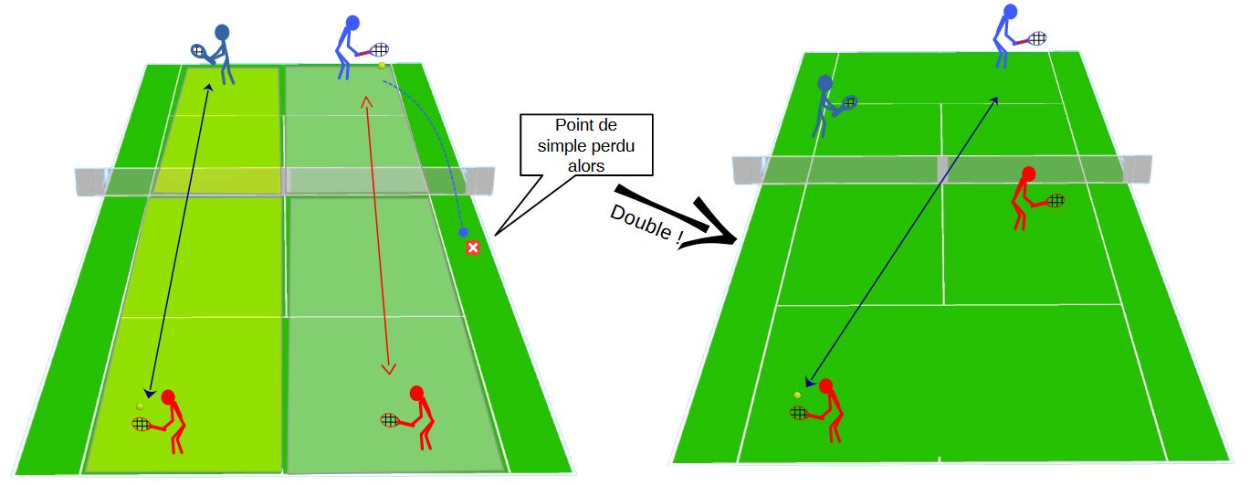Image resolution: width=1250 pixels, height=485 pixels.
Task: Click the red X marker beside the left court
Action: pos(473,248)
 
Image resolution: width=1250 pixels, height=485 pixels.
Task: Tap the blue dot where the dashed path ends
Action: pos(463,232)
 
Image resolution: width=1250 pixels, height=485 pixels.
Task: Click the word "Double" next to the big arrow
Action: pos(641,222)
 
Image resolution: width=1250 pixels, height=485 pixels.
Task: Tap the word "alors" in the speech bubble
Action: pos(586,165)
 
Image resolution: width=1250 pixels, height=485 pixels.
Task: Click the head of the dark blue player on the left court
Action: pos(222,32)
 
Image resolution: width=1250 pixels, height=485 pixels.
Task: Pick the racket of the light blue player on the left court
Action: pos(376,50)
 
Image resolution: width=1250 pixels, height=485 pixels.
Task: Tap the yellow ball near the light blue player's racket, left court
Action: pos(382,66)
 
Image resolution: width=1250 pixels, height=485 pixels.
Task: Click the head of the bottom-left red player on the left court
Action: pos(168,396)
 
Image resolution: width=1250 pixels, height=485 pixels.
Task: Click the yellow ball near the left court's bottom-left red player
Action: pos(140,406)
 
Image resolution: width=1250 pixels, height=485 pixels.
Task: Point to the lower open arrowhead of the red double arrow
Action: pos(388,369)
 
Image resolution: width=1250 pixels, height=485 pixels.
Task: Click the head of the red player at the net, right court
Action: pos(1028,174)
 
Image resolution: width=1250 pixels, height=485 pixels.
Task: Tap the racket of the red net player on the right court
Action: pos(1051,201)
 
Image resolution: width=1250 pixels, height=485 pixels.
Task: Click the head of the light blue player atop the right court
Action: pos(1010,11)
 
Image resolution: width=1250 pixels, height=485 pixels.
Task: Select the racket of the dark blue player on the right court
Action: pos(845,104)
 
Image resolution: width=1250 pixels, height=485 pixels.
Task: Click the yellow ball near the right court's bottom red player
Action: pos(797,395)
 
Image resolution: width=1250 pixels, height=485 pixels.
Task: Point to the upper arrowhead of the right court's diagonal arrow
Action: pos(993,100)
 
